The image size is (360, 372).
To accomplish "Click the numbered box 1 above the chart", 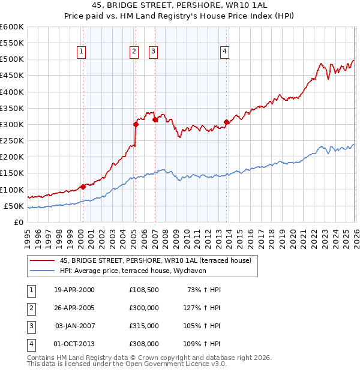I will (x=81, y=52).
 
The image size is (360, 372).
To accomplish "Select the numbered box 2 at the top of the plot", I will (x=134, y=52).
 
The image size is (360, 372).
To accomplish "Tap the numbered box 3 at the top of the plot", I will (x=153, y=52).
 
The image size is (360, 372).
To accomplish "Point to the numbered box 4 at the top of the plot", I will (x=224, y=52).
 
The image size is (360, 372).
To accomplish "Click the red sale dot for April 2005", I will (x=136, y=124).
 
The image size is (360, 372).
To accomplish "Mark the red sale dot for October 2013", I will (x=226, y=122).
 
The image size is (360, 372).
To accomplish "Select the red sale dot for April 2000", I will (x=83, y=187).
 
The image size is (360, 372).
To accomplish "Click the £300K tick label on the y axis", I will (x=12, y=124).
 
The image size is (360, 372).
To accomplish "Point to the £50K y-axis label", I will (x=14, y=206).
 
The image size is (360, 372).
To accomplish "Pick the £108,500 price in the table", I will (x=143, y=290).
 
